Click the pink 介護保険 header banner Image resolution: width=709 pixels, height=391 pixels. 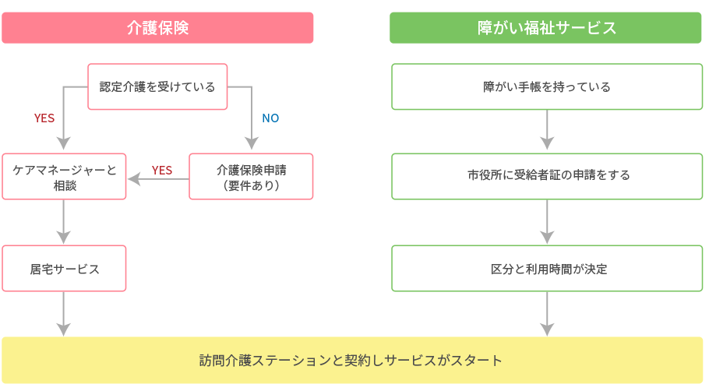tap(157, 28)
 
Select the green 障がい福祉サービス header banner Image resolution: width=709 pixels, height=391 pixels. tap(545, 28)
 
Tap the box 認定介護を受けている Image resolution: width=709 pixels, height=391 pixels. tap(157, 86)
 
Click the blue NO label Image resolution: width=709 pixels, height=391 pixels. tap(270, 118)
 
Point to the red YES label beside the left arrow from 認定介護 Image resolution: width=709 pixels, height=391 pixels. tap(44, 118)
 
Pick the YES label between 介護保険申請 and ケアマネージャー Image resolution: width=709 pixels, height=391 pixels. tap(162, 171)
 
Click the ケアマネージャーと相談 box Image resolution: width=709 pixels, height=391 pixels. tap(64, 176)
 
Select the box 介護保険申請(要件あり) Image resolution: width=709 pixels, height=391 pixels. tap(251, 176)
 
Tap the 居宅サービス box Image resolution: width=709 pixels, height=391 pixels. tap(64, 269)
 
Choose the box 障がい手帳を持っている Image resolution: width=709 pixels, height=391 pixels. tap(547, 86)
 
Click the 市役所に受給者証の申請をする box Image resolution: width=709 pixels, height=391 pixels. tap(547, 176)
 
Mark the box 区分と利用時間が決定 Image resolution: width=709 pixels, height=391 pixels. tap(547, 269)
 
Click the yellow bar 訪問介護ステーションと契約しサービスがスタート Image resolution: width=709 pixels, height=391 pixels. tap(352, 361)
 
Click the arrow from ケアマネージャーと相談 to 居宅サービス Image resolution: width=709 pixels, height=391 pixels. tap(63, 222)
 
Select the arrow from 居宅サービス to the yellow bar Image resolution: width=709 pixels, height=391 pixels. tap(63, 314)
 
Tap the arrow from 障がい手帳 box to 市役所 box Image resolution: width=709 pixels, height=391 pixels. tap(547, 130)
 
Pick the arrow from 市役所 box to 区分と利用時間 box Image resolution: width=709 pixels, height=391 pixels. tap(547, 222)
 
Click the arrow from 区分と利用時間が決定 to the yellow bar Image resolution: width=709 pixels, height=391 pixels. tap(547, 314)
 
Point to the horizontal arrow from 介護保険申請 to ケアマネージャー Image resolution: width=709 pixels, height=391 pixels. tap(158, 179)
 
